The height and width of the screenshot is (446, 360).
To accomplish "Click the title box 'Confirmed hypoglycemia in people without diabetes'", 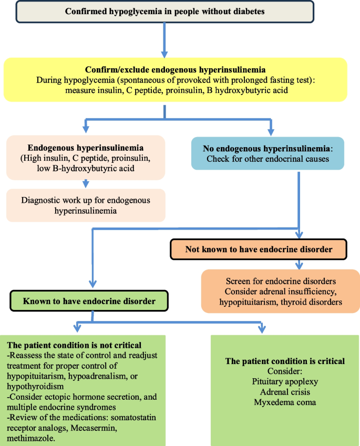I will coord(164,12).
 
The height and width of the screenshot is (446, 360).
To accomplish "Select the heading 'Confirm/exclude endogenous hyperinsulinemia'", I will coord(175,70).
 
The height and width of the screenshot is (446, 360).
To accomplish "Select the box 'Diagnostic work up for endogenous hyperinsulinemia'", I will coord(86,205).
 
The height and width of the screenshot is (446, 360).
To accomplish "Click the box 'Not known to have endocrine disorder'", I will coord(259,249).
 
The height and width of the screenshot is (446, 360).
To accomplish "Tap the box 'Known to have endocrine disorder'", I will coord(90,302).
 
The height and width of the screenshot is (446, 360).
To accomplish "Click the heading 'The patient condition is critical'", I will coord(285,361).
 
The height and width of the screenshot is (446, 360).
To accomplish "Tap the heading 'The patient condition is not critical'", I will coord(74,345).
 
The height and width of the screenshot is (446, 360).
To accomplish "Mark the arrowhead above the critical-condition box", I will coord(262,330).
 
